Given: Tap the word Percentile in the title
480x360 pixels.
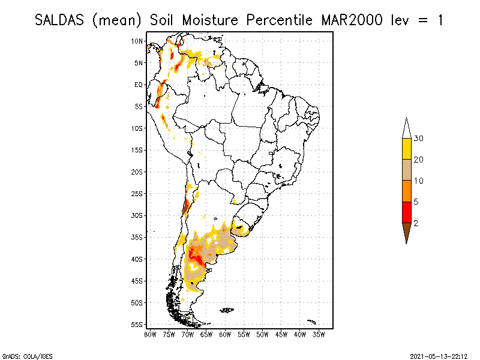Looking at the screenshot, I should pyautogui.click(x=274, y=20).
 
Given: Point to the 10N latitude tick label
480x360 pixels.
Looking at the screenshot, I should pyautogui.click(x=137, y=41).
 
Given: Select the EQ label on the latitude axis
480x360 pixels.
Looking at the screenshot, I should pyautogui.click(x=138, y=85).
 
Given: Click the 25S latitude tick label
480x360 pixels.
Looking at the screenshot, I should pyautogui.click(x=137, y=193).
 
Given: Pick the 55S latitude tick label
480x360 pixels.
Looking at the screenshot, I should pyautogui.click(x=137, y=324).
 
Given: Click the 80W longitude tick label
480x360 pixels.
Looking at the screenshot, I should pyautogui.click(x=150, y=334).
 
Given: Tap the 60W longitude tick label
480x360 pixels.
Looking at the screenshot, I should pyautogui.click(x=226, y=334).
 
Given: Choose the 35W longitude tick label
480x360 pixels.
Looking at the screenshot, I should pyautogui.click(x=319, y=334).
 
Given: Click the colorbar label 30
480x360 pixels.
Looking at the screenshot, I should pyautogui.click(x=418, y=139).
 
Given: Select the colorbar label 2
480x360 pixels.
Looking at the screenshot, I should pyautogui.click(x=416, y=223).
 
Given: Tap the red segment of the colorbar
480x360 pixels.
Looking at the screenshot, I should pyautogui.click(x=406, y=212).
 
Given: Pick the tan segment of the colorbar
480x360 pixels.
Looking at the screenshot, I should pyautogui.click(x=406, y=170).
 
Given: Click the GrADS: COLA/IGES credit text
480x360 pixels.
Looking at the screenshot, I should pyautogui.click(x=20, y=355).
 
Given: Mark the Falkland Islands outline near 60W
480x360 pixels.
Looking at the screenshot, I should pyautogui.click(x=227, y=310).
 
